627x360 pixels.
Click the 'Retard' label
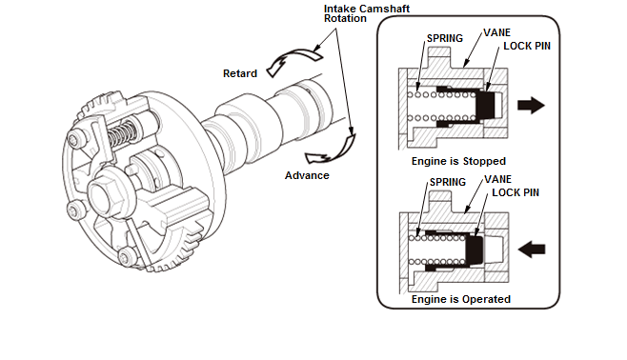240,73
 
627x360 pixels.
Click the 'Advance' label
307,175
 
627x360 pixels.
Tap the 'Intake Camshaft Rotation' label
367,13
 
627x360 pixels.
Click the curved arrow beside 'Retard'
293,60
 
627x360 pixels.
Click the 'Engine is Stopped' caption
458,161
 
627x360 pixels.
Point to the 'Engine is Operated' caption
460,299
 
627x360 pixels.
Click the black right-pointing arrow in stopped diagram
531,105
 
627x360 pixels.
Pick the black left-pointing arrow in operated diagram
532,250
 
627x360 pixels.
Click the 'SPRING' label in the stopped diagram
445,38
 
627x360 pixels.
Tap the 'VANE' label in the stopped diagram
497,32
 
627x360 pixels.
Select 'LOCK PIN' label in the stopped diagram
527,46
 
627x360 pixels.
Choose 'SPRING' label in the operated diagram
448,182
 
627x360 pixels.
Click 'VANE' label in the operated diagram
497,179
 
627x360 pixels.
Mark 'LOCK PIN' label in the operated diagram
516,192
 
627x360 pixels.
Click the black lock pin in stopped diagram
485,105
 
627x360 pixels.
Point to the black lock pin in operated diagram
475,250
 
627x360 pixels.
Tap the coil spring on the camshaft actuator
122,133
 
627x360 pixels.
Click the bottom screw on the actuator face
127,257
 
